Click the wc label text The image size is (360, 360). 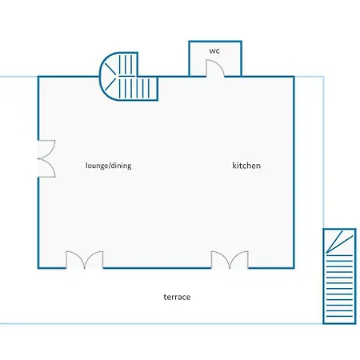tap(214, 50)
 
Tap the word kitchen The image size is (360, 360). tap(246, 166)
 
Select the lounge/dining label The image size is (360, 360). tap(109, 166)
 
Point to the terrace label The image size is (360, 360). tap(177, 297)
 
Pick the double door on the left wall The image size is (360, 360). tap(46, 158)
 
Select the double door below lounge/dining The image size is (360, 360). tap(85, 260)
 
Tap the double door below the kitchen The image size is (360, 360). tap(230, 260)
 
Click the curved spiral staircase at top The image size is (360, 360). tap(129, 77)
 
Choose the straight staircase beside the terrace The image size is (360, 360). tap(339, 276)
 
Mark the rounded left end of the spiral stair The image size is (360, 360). tap(101, 77)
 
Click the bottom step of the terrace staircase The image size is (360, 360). tap(339, 317)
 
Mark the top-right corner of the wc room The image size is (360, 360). tap(242, 42)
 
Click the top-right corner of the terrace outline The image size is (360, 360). tap(323, 77)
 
